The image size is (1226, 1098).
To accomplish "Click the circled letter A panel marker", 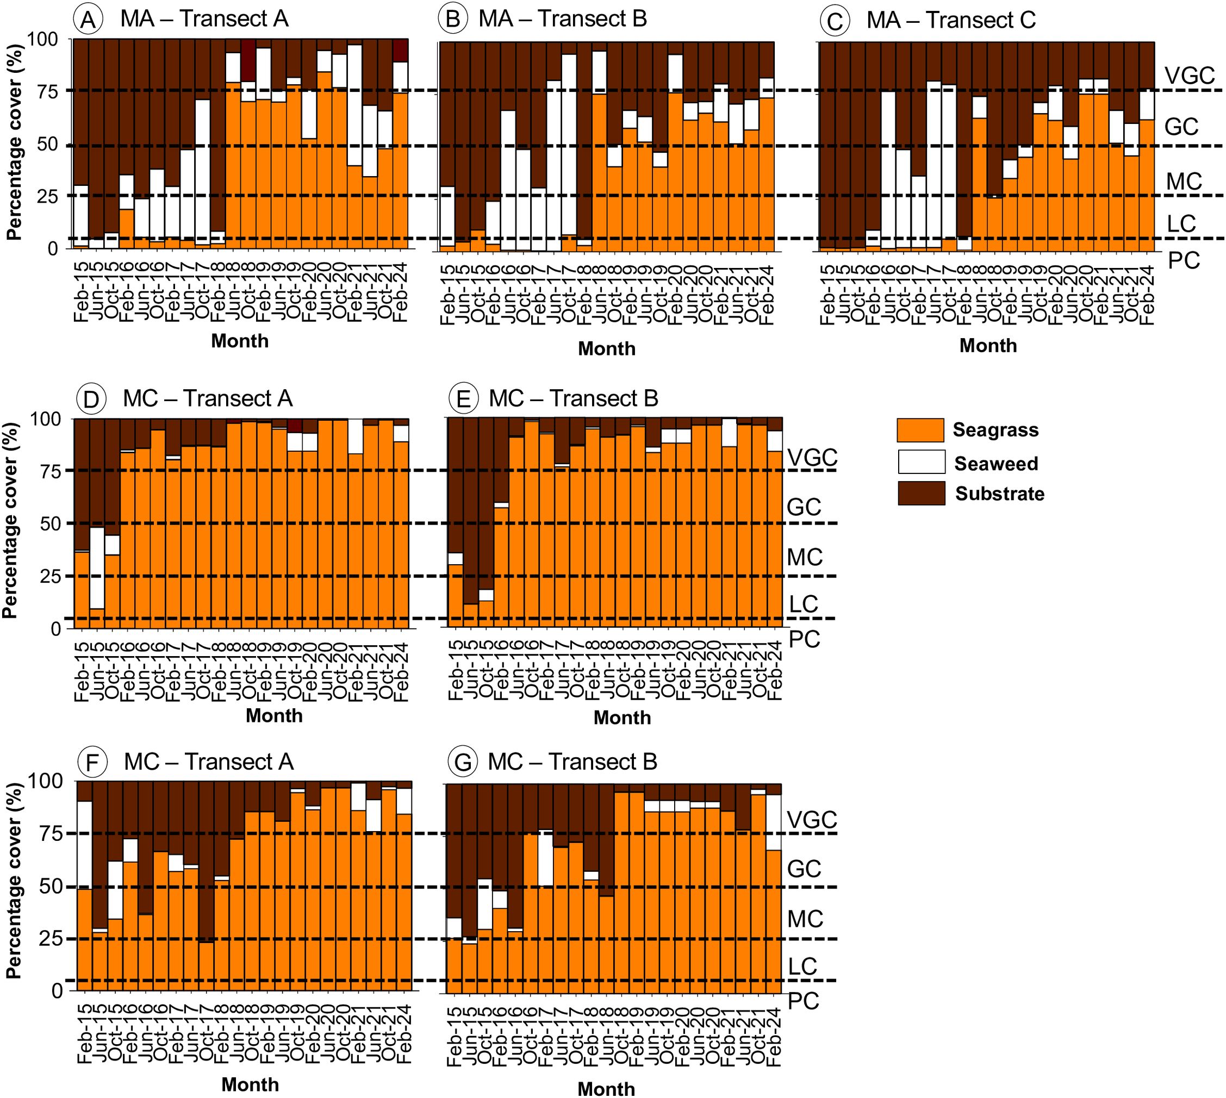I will (88, 20).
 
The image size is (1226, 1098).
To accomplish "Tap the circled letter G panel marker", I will (463, 763).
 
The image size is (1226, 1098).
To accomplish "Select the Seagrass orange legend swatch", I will (920, 430).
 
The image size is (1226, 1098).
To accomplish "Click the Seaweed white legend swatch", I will (920, 462).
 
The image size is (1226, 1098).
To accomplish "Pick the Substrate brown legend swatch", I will (920, 493).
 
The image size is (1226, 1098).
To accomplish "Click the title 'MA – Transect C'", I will (951, 21).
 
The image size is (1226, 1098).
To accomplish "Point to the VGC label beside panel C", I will (1189, 76).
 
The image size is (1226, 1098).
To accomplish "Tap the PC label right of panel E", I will (805, 639).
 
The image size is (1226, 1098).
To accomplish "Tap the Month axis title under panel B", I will (606, 349).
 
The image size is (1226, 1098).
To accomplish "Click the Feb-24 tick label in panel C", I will (1147, 296).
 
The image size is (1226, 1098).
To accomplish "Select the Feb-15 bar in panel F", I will (84, 905).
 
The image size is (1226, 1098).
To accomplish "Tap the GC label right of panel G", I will (804, 869).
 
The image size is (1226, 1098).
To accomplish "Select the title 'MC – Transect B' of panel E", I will (573, 400).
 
